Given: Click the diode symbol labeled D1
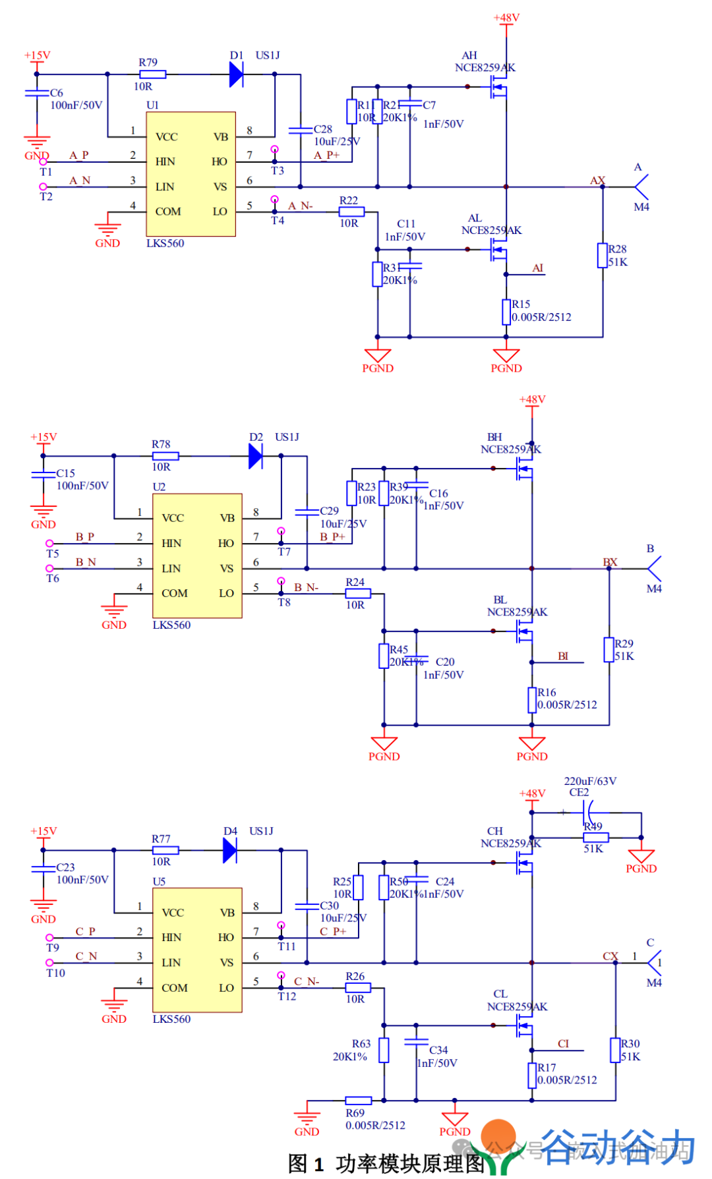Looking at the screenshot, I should pyautogui.click(x=236, y=74).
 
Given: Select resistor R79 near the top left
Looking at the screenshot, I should pyautogui.click(x=152, y=74).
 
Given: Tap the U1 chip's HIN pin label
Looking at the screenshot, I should pyautogui.click(x=165, y=162).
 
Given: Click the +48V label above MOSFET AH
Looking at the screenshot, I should pyautogui.click(x=506, y=18).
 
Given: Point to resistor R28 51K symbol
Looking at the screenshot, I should pyautogui.click(x=602, y=255).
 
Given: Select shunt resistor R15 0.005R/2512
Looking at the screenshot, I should pyautogui.click(x=506, y=312).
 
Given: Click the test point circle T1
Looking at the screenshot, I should pyautogui.click(x=44, y=161).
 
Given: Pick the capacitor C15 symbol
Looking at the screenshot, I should pyautogui.click(x=44, y=474).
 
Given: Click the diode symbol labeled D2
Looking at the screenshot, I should pyautogui.click(x=255, y=456).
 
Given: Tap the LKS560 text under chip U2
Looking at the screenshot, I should pyautogui.click(x=171, y=625).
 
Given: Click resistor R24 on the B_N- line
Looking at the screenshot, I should pyautogui.click(x=358, y=594).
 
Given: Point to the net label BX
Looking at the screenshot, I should pyautogui.click(x=610, y=562).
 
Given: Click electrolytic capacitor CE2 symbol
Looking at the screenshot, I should pyautogui.click(x=589, y=812).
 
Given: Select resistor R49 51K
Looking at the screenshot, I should pyautogui.click(x=596, y=838).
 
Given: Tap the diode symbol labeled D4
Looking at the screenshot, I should pyautogui.click(x=229, y=850).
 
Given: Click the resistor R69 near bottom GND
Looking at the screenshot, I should pyautogui.click(x=359, y=1101).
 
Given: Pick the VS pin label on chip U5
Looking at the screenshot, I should pyautogui.click(x=227, y=963).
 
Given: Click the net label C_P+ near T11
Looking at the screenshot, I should pyautogui.click(x=332, y=932).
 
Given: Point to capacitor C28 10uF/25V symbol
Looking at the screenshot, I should pyautogui.click(x=301, y=130).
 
